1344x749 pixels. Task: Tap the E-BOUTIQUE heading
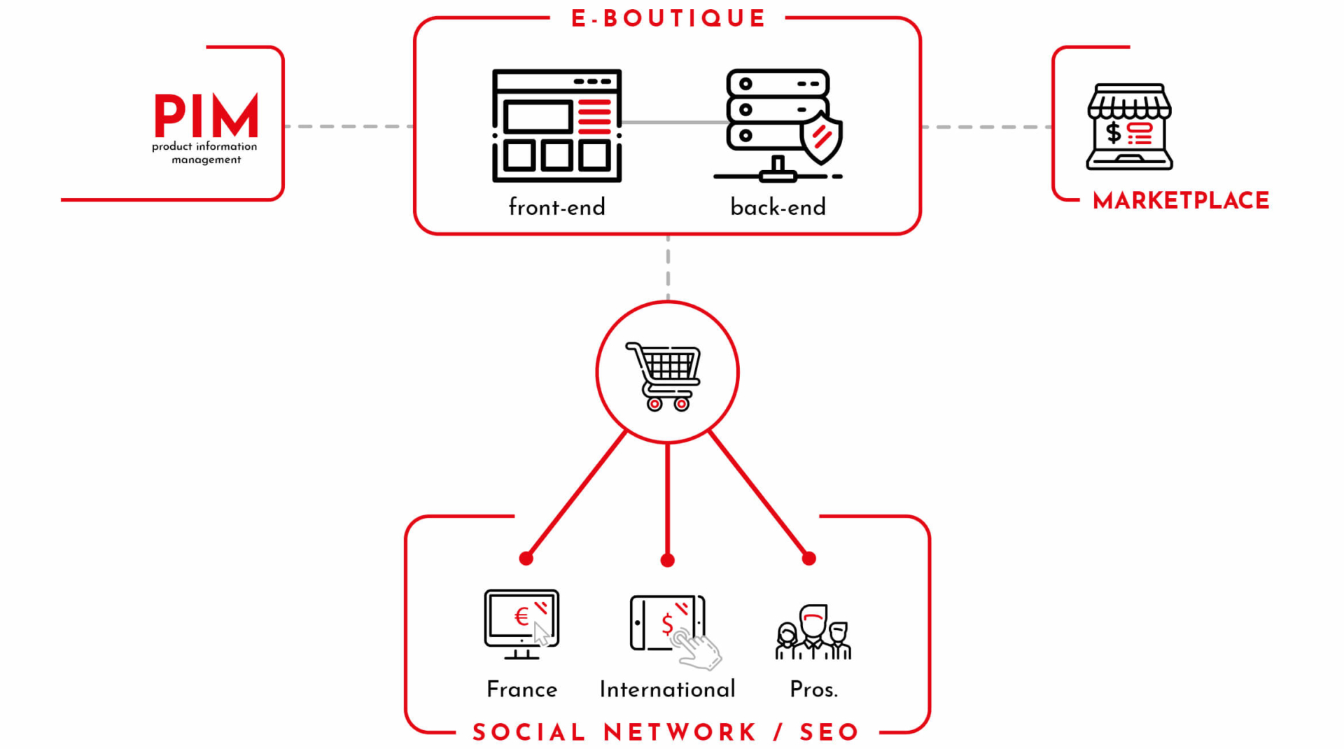(668, 18)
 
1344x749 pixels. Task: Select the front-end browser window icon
(556, 126)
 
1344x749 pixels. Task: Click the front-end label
(556, 207)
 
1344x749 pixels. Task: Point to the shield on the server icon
(821, 139)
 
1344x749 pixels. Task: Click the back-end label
(778, 207)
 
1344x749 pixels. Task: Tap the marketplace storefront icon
(1129, 127)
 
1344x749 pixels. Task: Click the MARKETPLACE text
(1181, 201)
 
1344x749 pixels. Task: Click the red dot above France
(526, 558)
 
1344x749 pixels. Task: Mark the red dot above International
(668, 560)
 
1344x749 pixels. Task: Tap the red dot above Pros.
(809, 558)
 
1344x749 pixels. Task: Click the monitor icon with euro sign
(521, 624)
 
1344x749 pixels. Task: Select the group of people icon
(813, 632)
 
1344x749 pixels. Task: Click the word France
(522, 689)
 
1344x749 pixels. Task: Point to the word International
(668, 689)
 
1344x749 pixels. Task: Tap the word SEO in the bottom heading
(829, 732)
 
